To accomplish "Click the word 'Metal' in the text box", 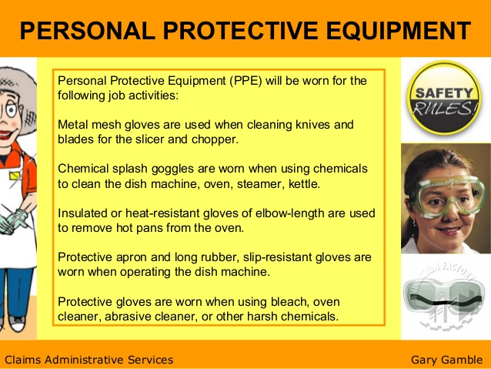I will tap(74, 124).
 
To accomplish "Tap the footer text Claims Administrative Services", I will tap(89, 359).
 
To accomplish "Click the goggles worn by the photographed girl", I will tap(448, 193).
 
